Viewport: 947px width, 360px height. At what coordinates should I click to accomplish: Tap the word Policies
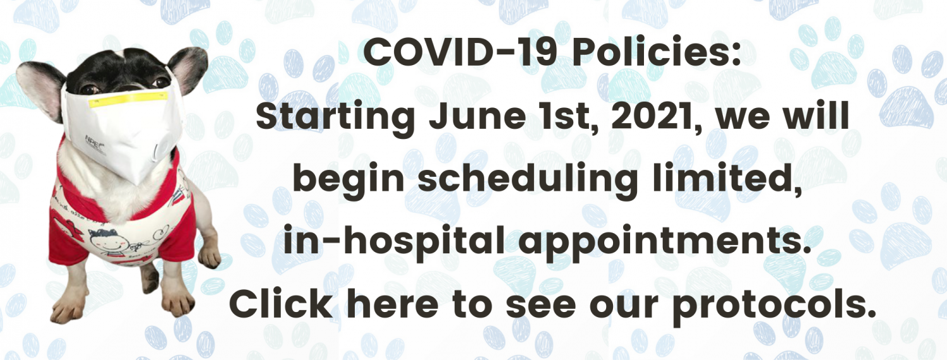(657, 52)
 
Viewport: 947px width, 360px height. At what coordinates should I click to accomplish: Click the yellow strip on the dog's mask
(129, 100)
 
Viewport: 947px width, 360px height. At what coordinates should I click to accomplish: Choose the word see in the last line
(540, 306)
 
